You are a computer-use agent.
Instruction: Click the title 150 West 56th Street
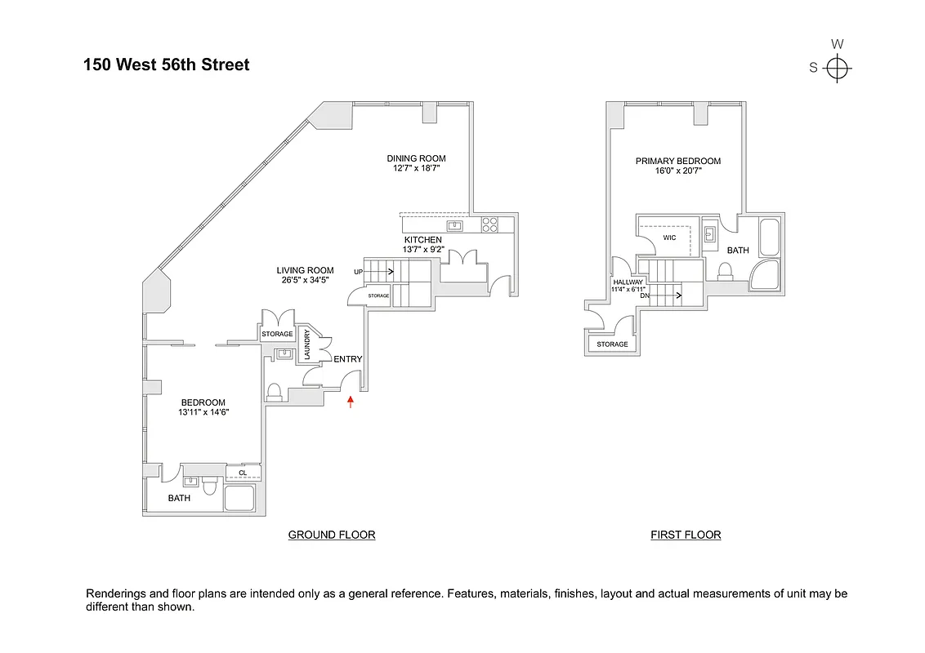166,64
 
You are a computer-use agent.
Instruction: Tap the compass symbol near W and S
838,68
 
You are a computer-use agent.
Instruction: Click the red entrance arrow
351,401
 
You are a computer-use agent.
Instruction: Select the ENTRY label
347,359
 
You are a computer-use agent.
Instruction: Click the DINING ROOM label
417,158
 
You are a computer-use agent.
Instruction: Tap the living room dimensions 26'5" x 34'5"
305,281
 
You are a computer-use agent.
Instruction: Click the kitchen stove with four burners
490,224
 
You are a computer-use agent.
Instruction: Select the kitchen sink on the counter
455,225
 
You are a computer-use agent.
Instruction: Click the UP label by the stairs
358,271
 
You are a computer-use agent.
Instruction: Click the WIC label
668,238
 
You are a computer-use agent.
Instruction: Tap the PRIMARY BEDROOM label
678,162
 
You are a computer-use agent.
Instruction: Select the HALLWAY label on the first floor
628,282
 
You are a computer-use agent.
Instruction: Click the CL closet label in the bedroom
244,472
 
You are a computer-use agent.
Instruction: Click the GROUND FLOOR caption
332,535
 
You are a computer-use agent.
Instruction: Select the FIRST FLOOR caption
686,535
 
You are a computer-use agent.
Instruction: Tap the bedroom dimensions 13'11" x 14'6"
203,412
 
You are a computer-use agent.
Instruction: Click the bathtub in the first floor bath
771,238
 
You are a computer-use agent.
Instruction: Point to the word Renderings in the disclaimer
118,593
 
